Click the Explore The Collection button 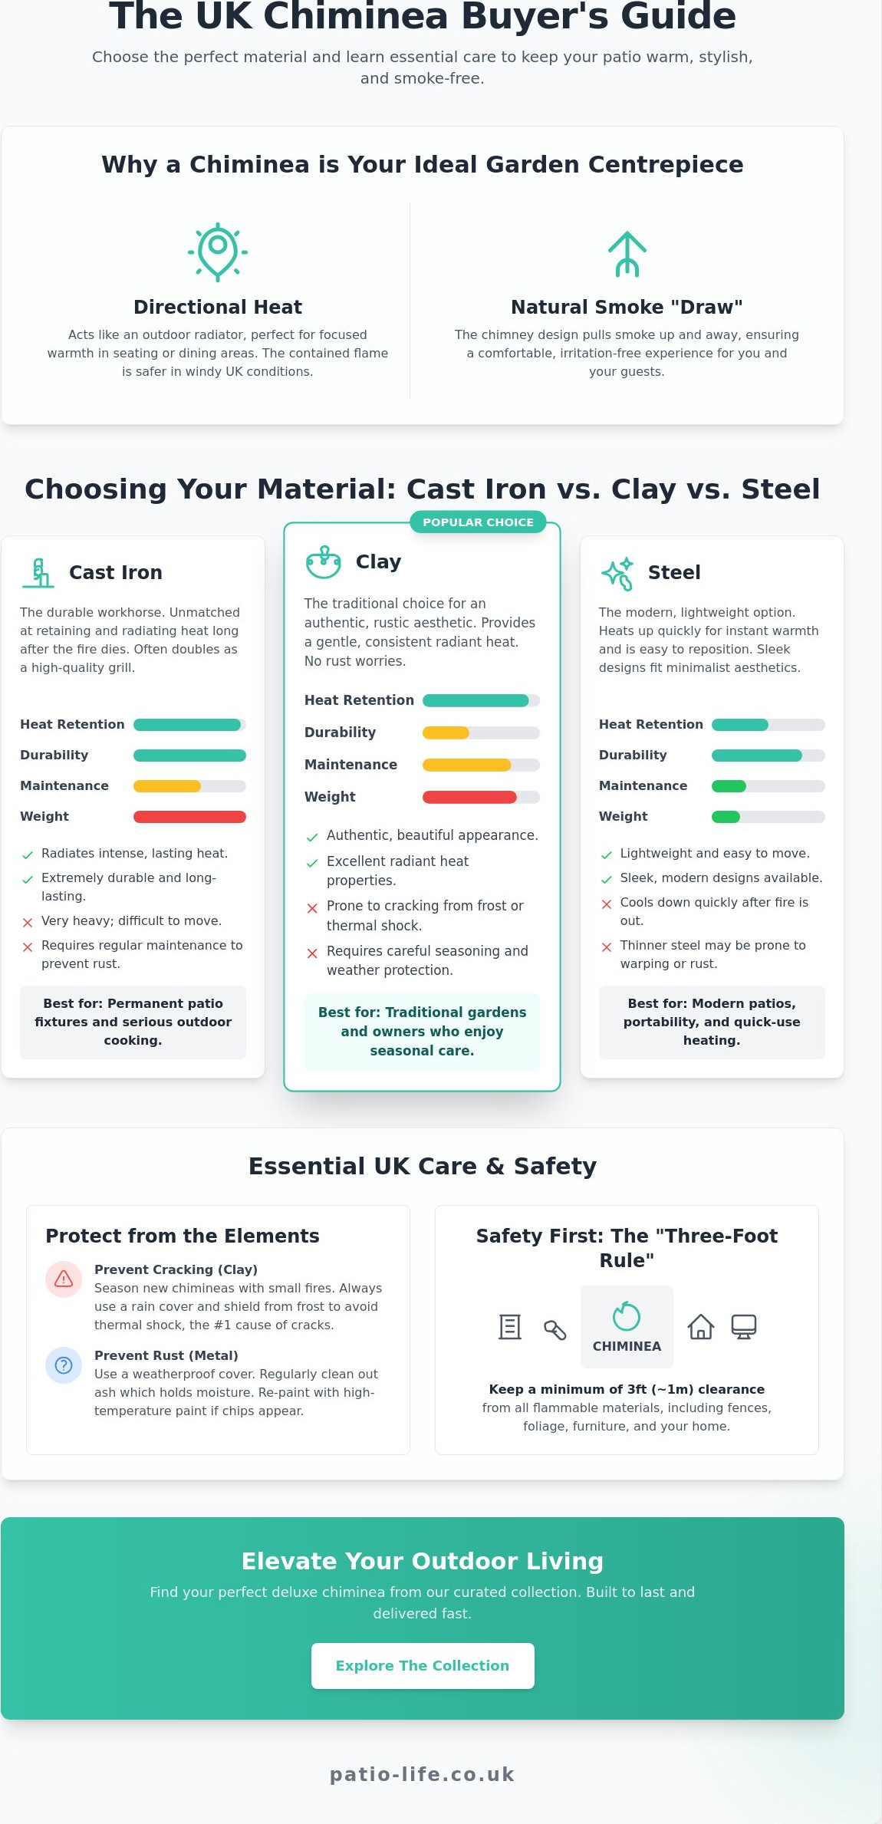coord(423,1665)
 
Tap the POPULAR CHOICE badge coord(478,522)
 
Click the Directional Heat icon coord(218,252)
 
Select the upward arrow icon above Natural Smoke coord(627,253)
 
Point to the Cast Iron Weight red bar coord(189,817)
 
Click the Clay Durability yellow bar coord(446,733)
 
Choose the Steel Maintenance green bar coord(729,786)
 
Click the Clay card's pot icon coord(324,562)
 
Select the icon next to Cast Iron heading coord(38,573)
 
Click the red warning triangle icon coord(64,1279)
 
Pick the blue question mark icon coord(64,1365)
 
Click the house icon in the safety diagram coord(700,1326)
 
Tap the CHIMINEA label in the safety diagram coord(627,1346)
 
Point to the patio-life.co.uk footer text coord(423,1774)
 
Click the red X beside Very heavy coord(28,922)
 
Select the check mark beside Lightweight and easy coord(607,854)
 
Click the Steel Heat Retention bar coord(740,725)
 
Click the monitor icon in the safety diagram coord(743,1326)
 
